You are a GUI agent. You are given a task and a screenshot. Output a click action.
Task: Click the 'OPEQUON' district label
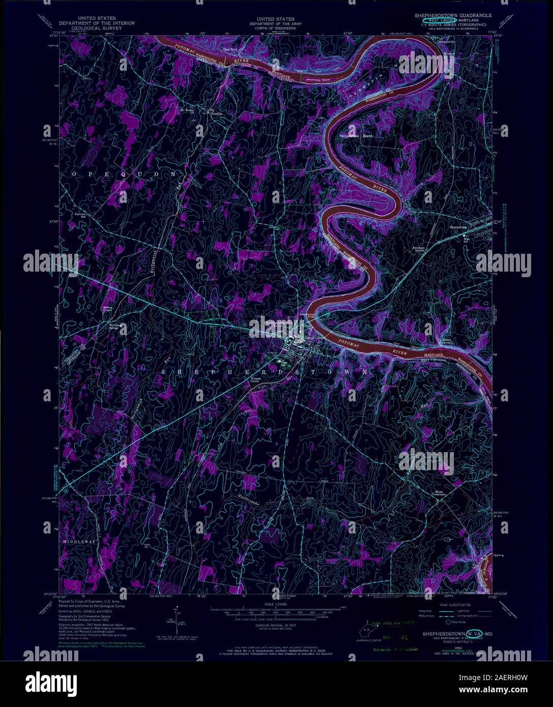coord(126,174)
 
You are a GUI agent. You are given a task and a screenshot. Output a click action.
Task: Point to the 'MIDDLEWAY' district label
coord(79,542)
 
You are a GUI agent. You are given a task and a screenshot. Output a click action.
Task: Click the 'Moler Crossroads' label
coord(440,493)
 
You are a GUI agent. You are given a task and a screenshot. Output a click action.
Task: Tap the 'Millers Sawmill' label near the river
coord(447,341)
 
